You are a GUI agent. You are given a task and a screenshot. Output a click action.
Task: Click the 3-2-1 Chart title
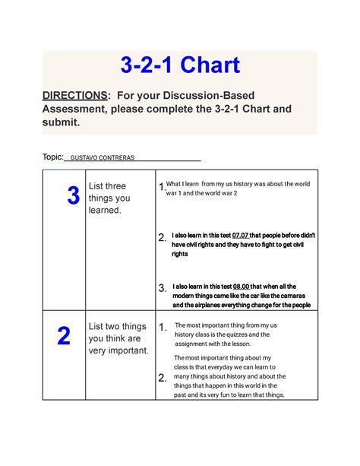(180, 65)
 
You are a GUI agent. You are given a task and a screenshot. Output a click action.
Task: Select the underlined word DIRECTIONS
(74, 95)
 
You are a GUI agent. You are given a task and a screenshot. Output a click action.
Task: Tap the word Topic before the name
(52, 157)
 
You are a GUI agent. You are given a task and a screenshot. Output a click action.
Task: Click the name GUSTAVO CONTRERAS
(102, 158)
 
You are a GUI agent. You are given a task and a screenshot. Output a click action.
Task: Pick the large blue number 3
(73, 197)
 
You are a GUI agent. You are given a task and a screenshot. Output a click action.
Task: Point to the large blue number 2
(64, 336)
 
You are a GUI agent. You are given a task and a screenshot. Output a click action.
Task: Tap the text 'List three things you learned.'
(109, 198)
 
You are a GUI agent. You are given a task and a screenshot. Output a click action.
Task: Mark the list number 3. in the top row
(162, 288)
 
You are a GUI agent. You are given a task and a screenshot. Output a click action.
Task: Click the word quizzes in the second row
(242, 334)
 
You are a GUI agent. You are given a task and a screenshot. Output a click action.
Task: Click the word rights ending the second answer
(180, 254)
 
